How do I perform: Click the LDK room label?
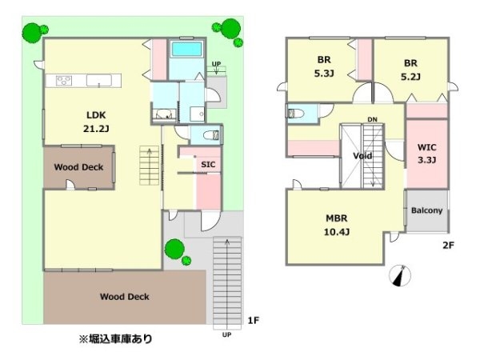pos(96,115)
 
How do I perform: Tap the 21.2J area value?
pos(96,129)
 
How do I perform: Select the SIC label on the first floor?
pos(208,164)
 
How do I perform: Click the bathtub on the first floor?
pos(186,50)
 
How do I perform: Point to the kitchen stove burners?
pos(64,81)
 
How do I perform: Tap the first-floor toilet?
pos(212,134)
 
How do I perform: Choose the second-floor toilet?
pos(295,114)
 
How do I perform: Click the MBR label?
pos(337,218)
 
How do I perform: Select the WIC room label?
pos(426,147)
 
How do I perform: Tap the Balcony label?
pos(426,210)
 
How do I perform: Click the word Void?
pos(362,156)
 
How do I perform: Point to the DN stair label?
pos(372,119)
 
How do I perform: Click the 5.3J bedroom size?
pos(324,74)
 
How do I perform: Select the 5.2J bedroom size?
pos(410,77)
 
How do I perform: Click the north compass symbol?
pos(400,275)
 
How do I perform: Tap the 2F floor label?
pos(448,246)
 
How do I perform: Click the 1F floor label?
pos(253,320)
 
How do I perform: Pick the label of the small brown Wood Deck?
pos(78,167)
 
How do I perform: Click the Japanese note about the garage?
pos(115,339)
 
